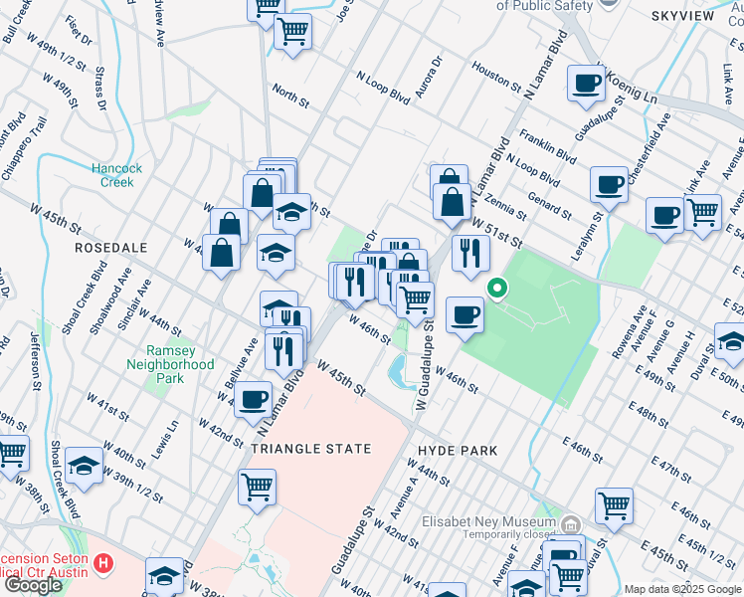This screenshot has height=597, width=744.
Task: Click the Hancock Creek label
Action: click(117, 175)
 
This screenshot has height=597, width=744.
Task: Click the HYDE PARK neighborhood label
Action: click(459, 451)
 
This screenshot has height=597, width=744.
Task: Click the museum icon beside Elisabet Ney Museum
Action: click(570, 523)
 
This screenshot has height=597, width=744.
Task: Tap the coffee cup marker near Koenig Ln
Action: click(586, 85)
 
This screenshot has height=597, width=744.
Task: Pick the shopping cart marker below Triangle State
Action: click(257, 488)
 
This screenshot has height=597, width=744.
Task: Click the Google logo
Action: click(33, 584)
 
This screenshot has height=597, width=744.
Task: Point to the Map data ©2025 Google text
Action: click(681, 589)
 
